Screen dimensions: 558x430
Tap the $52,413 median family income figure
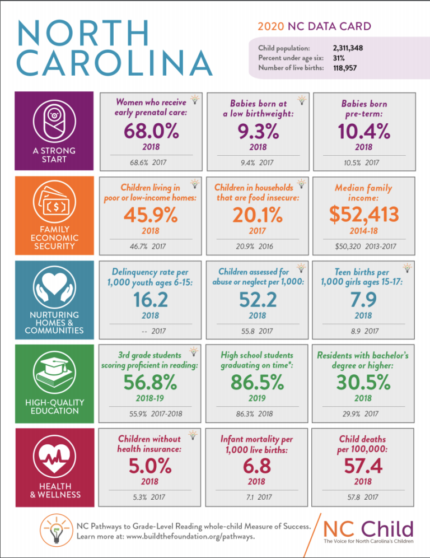tap(364, 215)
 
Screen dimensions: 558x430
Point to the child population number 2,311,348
tap(348, 48)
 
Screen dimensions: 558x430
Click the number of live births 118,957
tap(345, 68)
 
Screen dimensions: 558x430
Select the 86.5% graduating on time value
tap(258, 383)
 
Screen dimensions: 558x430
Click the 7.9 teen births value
tap(364, 299)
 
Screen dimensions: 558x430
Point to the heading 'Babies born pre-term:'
tap(364, 109)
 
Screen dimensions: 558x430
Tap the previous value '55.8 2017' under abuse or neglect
tap(258, 332)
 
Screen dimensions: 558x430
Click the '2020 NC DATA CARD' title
tap(314, 26)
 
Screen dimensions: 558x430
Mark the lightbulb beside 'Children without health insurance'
tap(194, 435)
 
